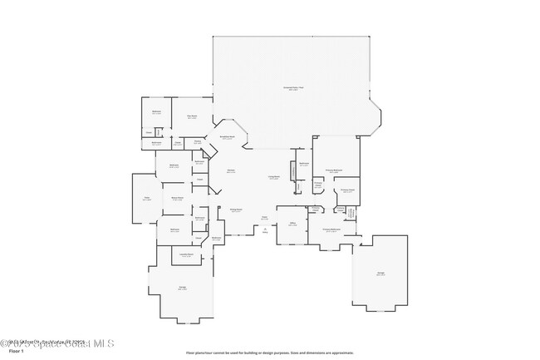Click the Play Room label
click(192, 116)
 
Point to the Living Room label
click(272, 177)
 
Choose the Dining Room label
click(236, 210)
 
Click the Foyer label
click(264, 219)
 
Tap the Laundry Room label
click(187, 255)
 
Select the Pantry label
click(198, 142)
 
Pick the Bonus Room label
click(177, 198)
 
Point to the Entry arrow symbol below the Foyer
click(265, 231)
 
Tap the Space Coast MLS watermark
click(58, 343)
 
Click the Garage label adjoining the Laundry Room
click(182, 288)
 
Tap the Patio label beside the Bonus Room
click(146, 198)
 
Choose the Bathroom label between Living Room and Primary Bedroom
click(304, 164)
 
